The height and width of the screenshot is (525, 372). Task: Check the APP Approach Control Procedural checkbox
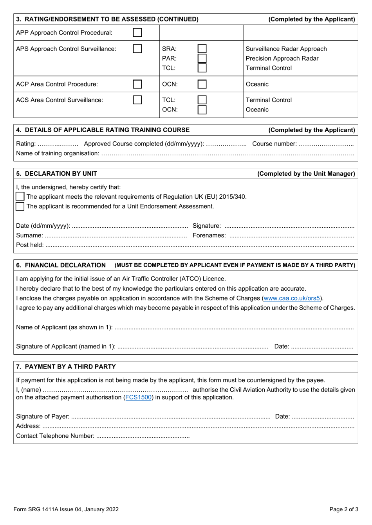click(x=137, y=32)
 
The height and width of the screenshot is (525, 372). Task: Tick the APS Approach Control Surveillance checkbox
click(x=137, y=49)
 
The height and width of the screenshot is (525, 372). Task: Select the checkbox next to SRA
click(x=202, y=49)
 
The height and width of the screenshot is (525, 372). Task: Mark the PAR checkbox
click(x=202, y=58)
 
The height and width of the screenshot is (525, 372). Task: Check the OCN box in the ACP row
click(x=202, y=84)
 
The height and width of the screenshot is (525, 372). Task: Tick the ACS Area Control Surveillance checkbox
click(x=137, y=100)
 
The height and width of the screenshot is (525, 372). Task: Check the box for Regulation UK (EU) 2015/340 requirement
click(x=20, y=196)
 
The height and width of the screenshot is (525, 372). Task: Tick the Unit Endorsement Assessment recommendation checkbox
click(x=20, y=206)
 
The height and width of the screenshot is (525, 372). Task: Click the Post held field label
click(x=30, y=245)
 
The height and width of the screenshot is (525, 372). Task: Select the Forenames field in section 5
click(x=291, y=236)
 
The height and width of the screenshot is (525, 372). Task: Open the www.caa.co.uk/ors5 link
click(x=292, y=298)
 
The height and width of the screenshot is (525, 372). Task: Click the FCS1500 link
click(x=138, y=397)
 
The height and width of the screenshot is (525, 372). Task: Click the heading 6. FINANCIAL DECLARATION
click(x=61, y=265)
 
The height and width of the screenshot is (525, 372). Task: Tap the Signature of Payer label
click(x=43, y=416)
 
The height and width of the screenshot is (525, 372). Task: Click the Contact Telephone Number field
click(x=143, y=436)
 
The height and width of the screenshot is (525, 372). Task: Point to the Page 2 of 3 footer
click(x=343, y=509)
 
